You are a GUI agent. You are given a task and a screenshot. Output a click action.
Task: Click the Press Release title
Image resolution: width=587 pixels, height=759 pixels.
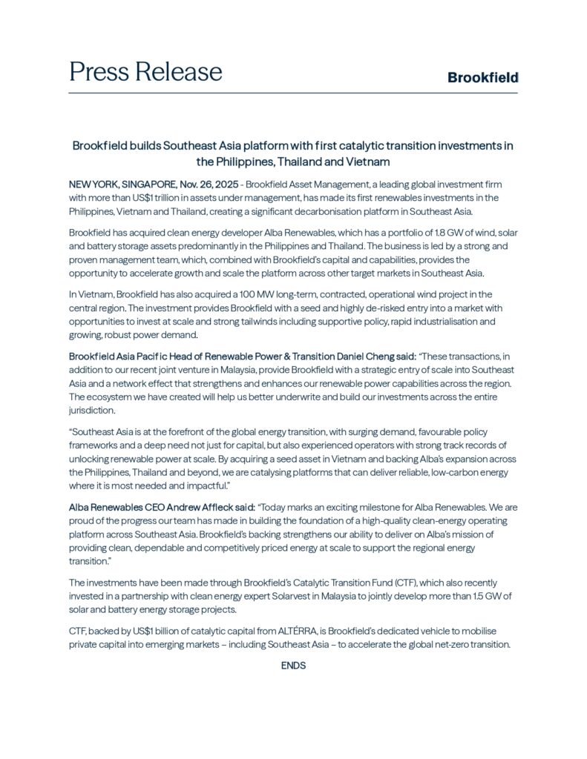[145, 72]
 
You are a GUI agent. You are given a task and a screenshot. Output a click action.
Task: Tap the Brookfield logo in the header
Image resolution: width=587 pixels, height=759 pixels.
[482, 78]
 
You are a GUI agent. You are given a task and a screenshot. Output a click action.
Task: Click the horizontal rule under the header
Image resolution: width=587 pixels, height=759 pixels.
[293, 93]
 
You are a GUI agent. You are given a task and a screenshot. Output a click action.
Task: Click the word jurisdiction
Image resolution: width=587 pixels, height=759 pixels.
[93, 410]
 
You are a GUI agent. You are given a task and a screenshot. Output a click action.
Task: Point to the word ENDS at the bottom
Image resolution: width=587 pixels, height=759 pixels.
[293, 666]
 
